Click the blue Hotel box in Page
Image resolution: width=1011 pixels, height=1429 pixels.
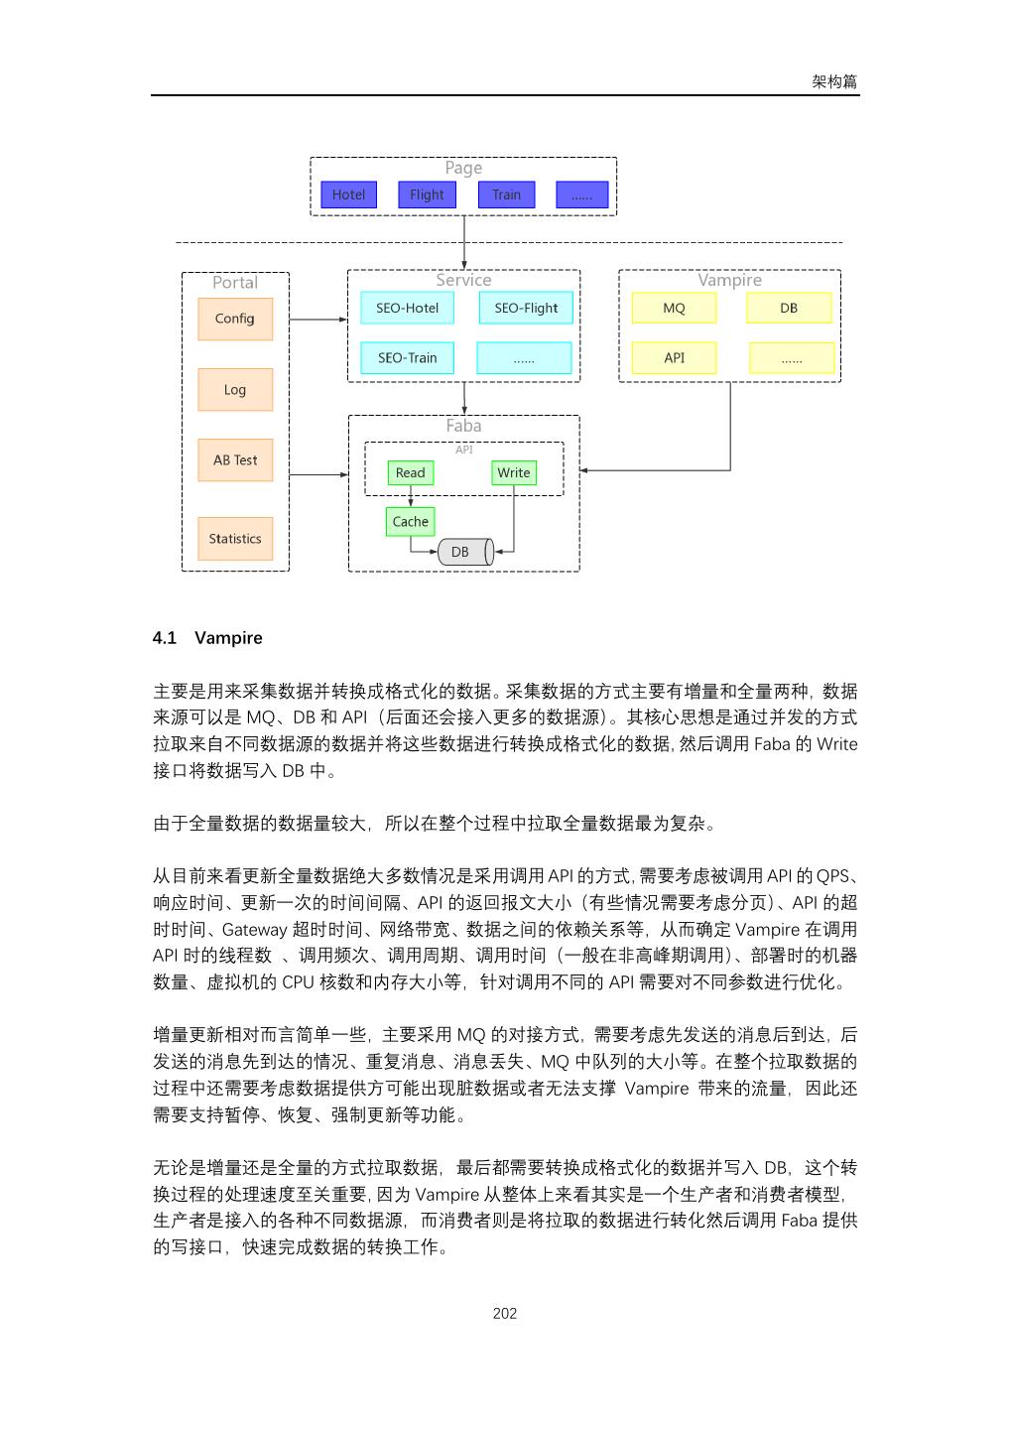coord(348,195)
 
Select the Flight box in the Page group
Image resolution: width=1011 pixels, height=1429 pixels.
coord(427,195)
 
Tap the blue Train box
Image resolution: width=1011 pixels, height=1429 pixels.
coord(506,195)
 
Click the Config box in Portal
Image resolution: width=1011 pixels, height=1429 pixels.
coord(235,319)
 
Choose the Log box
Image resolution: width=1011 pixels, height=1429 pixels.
coord(235,390)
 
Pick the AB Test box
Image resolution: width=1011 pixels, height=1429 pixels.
coord(235,460)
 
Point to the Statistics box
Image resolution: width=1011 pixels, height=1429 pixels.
coord(235,539)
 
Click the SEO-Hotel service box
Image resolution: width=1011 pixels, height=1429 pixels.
coord(407,308)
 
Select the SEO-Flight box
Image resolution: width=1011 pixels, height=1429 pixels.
coord(526,308)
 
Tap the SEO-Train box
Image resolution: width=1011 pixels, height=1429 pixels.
coord(407,358)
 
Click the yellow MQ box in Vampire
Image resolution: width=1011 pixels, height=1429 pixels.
coord(674,308)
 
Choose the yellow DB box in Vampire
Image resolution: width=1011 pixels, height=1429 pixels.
coord(789,308)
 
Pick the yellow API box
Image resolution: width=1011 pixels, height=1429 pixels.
coord(674,358)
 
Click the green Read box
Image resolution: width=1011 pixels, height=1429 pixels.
coord(410,473)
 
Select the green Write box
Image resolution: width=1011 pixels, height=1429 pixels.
coord(514,473)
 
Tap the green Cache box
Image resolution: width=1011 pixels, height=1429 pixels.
coord(410,522)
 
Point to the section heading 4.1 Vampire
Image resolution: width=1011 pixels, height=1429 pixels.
coord(207,638)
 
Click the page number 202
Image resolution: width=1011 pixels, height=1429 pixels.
coord(505,1314)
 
